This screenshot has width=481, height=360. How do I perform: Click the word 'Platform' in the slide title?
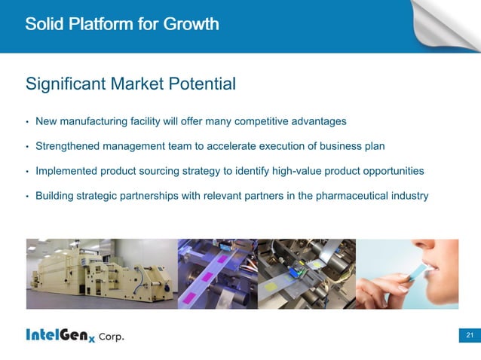(x=106, y=24)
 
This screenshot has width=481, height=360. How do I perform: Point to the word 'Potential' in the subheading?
(x=203, y=84)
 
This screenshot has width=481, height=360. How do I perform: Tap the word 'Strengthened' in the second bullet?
(x=69, y=146)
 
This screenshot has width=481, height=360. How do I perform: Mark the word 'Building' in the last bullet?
(x=54, y=196)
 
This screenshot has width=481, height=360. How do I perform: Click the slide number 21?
(x=469, y=334)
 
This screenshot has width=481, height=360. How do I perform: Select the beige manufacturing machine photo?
(x=101, y=273)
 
